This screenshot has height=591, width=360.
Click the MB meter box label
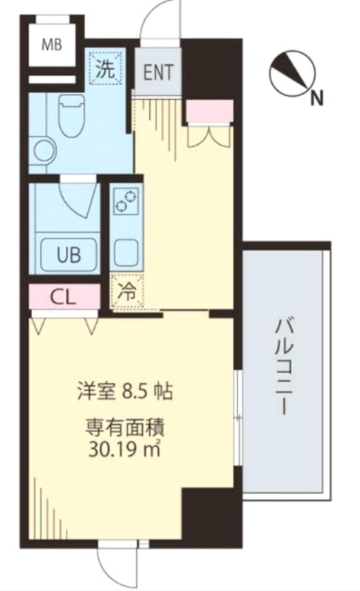(x=52, y=46)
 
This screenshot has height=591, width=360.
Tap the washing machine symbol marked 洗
(x=106, y=68)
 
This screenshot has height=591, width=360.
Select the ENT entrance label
(x=158, y=72)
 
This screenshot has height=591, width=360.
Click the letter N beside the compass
(x=317, y=99)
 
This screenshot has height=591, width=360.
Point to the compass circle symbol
(x=292, y=73)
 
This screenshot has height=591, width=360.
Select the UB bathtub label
(x=69, y=255)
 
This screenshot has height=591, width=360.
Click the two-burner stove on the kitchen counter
(x=126, y=201)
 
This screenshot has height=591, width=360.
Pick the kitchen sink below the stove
(x=126, y=252)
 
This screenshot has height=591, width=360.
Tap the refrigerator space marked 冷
(x=127, y=292)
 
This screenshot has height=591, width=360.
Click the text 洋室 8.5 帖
(x=125, y=392)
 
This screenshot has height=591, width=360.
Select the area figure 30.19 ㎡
(x=125, y=448)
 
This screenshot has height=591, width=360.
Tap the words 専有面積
(x=125, y=428)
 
